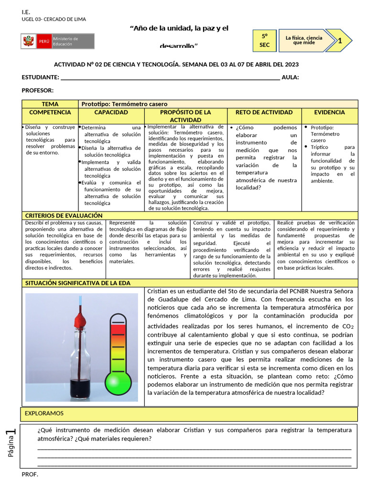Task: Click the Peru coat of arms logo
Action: point(28,41)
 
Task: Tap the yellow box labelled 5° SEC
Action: point(264,40)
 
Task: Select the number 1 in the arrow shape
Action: point(340,41)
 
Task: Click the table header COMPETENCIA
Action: point(50,112)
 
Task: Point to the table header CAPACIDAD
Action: point(111,112)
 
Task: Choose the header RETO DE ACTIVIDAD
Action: point(264,112)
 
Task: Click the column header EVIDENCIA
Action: point(329,112)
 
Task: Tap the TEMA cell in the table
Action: point(50,104)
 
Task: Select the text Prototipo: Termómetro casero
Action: point(125,104)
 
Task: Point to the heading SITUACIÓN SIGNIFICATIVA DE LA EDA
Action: point(77,283)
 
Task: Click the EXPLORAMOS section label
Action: point(44,413)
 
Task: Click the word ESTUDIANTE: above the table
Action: point(41,78)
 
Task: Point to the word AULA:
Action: point(291,78)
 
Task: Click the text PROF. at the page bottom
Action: point(30,474)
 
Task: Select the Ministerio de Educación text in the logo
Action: point(65,41)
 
